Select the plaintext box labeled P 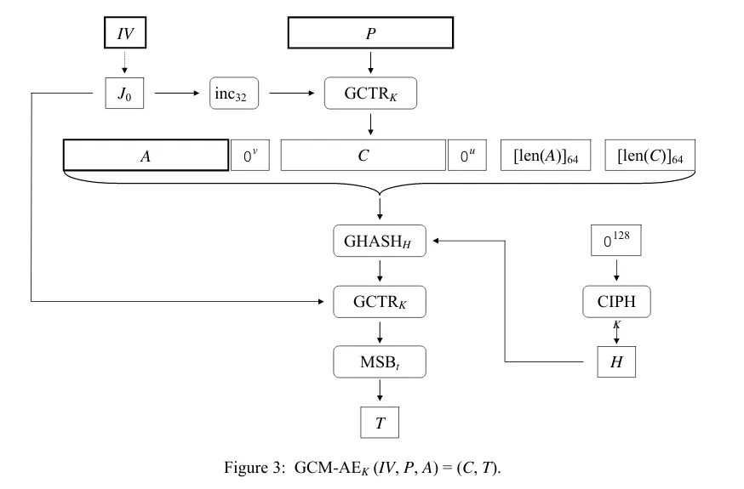pyautogui.click(x=370, y=33)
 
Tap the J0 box pyautogui.click(x=124, y=93)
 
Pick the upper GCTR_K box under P pyautogui.click(x=370, y=93)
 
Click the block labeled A pyautogui.click(x=146, y=156)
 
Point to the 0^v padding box pyautogui.click(x=250, y=156)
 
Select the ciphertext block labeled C pyautogui.click(x=363, y=156)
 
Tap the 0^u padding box pyautogui.click(x=466, y=156)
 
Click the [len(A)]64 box pyautogui.click(x=545, y=156)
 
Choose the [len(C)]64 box pyautogui.click(x=650, y=156)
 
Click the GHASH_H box pyautogui.click(x=379, y=242)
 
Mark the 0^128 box pyautogui.click(x=615, y=241)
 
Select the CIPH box pyautogui.click(x=615, y=301)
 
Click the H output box pyautogui.click(x=615, y=361)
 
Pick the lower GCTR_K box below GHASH pyautogui.click(x=379, y=301)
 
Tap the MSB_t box pyautogui.click(x=379, y=361)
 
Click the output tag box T pyautogui.click(x=379, y=422)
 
